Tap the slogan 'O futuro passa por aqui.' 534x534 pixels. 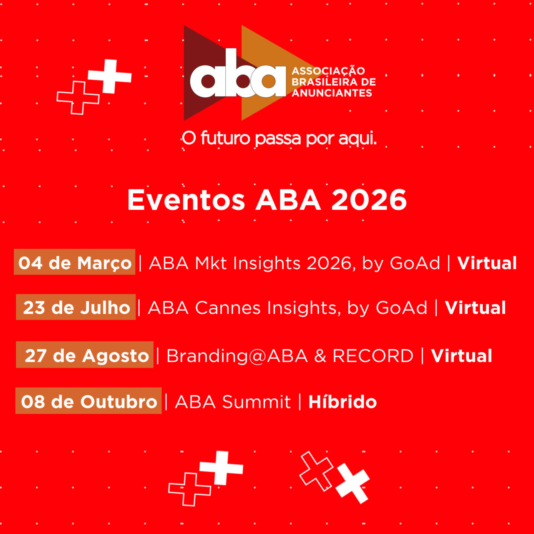point(279,139)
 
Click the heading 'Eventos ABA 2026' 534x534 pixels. point(267,200)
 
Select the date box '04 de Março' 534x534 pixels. point(75,262)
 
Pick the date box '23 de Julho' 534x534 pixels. point(76,307)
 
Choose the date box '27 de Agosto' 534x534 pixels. point(85,355)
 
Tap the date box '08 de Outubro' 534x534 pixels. point(88,401)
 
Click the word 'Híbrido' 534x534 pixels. point(343,402)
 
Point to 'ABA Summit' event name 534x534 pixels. point(232,402)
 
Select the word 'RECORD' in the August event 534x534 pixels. point(373,355)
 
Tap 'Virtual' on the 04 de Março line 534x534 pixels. point(487,263)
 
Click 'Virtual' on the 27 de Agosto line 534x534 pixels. point(461,355)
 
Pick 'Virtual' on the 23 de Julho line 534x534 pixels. point(475,308)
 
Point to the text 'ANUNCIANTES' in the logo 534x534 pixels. point(332,93)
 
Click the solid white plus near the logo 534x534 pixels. point(110,76)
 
